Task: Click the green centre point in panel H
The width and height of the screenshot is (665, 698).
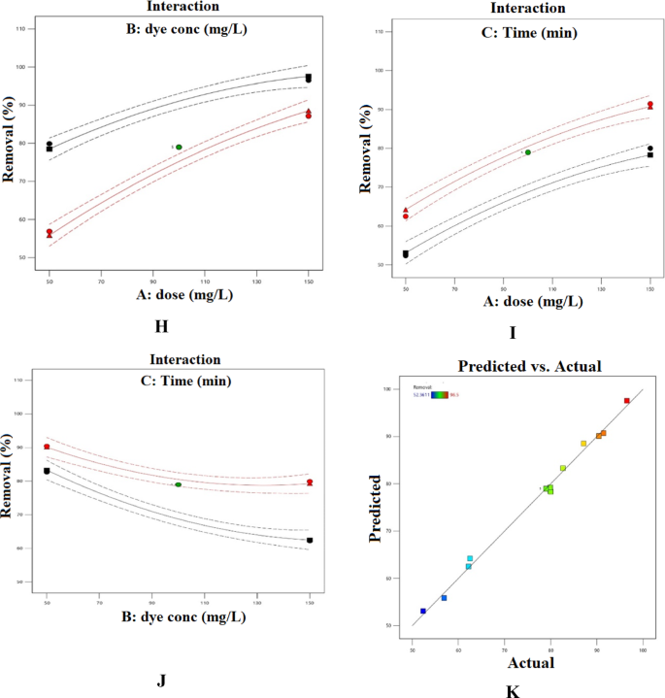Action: click(x=179, y=148)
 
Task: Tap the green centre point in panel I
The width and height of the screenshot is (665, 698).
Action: click(x=527, y=152)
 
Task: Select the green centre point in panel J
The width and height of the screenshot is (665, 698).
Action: click(x=179, y=484)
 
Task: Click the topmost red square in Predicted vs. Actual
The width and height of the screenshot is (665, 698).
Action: click(x=626, y=401)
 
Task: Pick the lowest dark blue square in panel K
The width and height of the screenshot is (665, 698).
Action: click(x=423, y=611)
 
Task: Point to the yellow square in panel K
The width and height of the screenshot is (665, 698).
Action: click(x=583, y=444)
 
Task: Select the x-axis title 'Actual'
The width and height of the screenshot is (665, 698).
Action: click(x=530, y=663)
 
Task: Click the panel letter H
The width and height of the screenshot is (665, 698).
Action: click(x=162, y=325)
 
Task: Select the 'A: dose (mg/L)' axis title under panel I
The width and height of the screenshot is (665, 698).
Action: click(x=527, y=302)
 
